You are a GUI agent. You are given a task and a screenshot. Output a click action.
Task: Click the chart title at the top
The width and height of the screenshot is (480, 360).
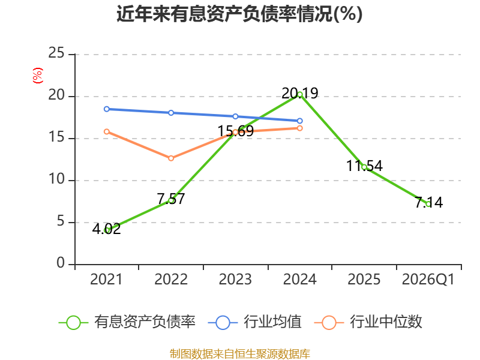pos(239,14)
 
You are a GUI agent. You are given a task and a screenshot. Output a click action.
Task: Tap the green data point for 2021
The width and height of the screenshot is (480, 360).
pos(107,230)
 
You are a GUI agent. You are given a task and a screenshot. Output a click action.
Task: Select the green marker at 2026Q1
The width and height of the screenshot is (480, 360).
pos(428,204)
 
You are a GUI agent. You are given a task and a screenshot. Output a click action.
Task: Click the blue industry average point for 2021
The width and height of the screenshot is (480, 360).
pos(107,109)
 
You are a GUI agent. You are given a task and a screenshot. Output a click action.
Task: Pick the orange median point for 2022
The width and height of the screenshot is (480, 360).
pos(171,158)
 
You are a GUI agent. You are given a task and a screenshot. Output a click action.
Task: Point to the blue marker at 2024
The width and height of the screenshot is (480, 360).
pos(299,121)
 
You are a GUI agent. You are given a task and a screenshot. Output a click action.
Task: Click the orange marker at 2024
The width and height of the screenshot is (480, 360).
pos(299,128)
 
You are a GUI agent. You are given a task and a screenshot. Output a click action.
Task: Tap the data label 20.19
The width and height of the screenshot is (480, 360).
pos(299,93)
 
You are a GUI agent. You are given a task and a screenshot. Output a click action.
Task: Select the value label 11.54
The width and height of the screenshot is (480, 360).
pos(364,166)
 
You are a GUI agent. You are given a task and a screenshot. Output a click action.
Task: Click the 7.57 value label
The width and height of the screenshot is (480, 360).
pos(171,199)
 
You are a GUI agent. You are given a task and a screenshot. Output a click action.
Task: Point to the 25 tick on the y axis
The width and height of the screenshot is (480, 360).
pos(56,53)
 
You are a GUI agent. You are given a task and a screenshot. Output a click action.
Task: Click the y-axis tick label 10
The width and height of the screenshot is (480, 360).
pos(56,179)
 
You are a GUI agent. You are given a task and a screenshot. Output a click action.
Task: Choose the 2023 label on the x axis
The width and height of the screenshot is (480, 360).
pos(235,279)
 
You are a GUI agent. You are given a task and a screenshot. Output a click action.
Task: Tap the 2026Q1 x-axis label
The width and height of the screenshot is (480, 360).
pos(428,279)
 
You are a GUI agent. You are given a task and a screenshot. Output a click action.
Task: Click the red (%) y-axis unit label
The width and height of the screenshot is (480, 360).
pos(38,76)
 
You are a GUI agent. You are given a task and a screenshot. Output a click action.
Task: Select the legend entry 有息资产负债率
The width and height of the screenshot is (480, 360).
pos(127,322)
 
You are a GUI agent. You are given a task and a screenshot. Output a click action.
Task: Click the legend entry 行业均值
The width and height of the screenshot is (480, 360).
pos(254,322)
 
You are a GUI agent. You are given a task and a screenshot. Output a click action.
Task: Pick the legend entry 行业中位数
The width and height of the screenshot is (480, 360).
pos(368,322)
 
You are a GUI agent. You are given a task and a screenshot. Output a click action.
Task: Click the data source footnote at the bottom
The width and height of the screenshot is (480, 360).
pos(240,354)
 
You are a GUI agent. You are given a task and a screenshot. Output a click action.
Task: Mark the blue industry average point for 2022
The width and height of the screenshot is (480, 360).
pos(171,113)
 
